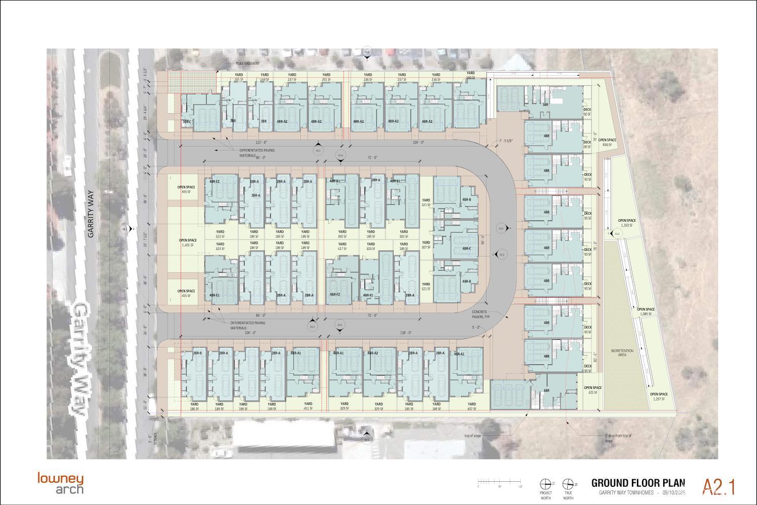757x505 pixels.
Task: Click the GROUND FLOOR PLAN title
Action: pos(638,482)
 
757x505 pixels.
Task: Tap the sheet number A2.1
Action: pos(719,487)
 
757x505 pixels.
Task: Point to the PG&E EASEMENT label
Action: pos(247,64)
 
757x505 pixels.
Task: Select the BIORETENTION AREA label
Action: pos(619,353)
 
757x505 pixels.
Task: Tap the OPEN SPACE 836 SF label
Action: pos(607,142)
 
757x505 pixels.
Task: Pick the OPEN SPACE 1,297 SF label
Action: pos(659,396)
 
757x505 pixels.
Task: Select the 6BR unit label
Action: pos(546,391)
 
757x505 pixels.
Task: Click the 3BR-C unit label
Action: pos(187,122)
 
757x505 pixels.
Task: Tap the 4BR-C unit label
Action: pos(466,248)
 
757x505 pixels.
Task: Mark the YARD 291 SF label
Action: pos(326,77)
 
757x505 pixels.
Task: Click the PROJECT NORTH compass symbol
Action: pos(546,484)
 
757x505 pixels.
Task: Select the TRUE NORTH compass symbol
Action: pos(568,484)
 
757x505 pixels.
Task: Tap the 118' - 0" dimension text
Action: pos(406,332)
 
